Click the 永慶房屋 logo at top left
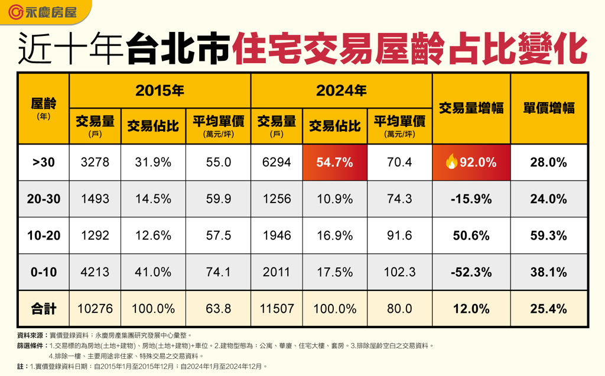click(x=45, y=12)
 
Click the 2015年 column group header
click(x=160, y=90)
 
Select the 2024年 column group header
click(x=341, y=90)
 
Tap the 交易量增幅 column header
click(x=471, y=108)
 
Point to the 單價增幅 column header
click(x=549, y=108)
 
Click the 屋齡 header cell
click(x=43, y=108)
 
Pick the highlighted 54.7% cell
click(x=334, y=162)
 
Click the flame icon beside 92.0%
click(x=451, y=162)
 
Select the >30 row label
click(x=43, y=162)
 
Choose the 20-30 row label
click(x=43, y=199)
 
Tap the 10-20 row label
click(x=43, y=236)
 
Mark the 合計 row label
click(x=43, y=308)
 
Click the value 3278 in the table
click(x=95, y=162)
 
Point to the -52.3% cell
click(x=471, y=272)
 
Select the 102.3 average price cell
click(x=399, y=272)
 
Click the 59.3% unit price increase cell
click(x=549, y=236)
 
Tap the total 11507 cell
click(x=277, y=308)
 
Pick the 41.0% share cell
click(x=153, y=272)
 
